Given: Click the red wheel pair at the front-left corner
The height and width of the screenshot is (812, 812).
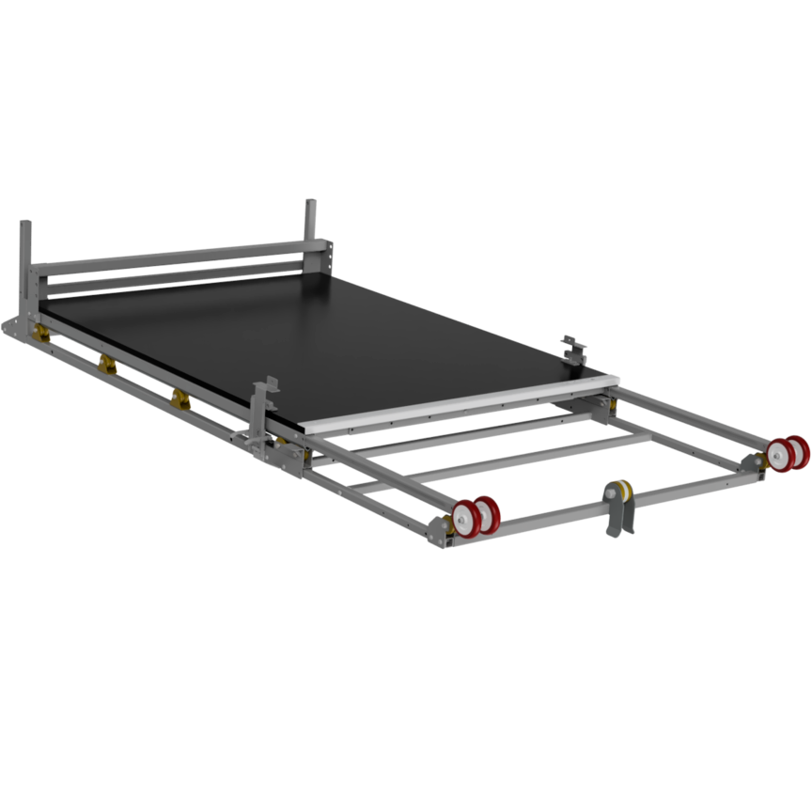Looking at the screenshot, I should (476, 514).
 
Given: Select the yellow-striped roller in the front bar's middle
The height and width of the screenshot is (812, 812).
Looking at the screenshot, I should (618, 492).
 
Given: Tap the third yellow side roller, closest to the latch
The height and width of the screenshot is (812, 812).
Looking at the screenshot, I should (179, 398).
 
